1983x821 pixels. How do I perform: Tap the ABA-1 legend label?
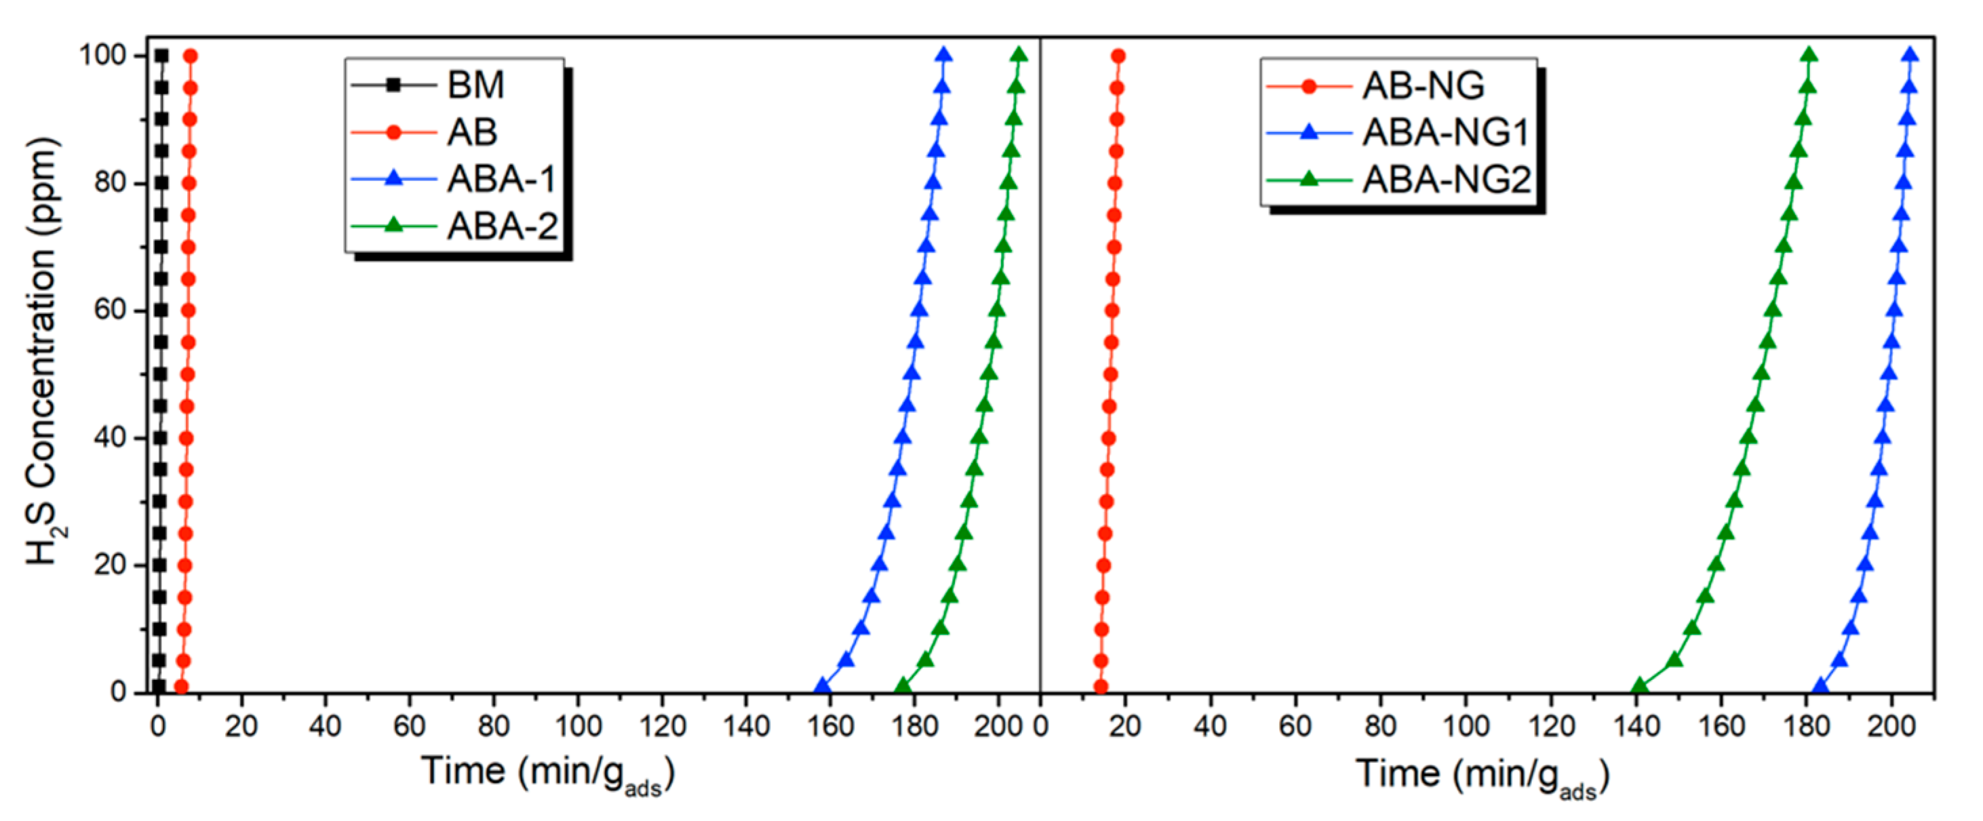[x=501, y=179]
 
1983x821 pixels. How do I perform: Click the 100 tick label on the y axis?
[x=103, y=56]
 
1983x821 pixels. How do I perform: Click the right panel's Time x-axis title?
[x=1482, y=774]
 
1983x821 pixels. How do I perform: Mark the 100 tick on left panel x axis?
[x=577, y=725]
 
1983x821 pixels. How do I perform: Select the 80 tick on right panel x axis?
[x=1380, y=725]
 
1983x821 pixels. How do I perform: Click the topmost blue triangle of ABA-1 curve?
[x=944, y=56]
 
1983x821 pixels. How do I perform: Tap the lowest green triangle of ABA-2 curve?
[x=903, y=686]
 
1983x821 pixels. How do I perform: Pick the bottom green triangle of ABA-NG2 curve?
[x=1640, y=686]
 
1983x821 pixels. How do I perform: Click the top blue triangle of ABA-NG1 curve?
[x=1910, y=56]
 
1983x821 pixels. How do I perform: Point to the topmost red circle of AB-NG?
[x=1118, y=56]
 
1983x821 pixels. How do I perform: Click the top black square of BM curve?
[x=161, y=56]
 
